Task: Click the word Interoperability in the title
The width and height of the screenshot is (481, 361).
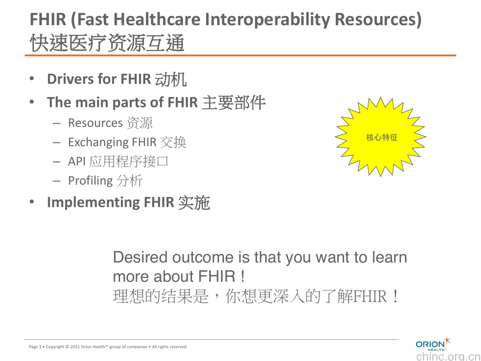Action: click(x=268, y=19)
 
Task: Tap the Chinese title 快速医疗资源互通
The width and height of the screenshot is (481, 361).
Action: click(x=107, y=43)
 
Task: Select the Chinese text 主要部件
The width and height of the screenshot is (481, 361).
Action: click(x=234, y=103)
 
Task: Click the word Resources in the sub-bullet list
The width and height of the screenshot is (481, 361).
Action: click(x=95, y=123)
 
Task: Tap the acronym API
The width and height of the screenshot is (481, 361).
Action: click(x=77, y=161)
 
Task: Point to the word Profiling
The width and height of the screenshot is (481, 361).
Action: click(x=91, y=180)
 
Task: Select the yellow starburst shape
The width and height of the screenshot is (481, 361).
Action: click(x=380, y=137)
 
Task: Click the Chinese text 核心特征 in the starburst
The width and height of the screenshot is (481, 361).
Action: click(x=382, y=137)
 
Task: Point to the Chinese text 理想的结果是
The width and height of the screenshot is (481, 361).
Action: click(x=161, y=296)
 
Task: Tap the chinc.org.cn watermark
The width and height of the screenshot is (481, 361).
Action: click(x=448, y=356)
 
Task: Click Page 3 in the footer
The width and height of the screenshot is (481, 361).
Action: click(x=35, y=347)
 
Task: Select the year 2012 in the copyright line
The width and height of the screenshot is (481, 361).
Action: click(x=75, y=347)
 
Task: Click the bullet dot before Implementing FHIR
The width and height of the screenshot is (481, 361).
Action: click(x=32, y=202)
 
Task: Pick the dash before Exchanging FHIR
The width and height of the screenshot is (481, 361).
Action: click(x=56, y=142)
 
